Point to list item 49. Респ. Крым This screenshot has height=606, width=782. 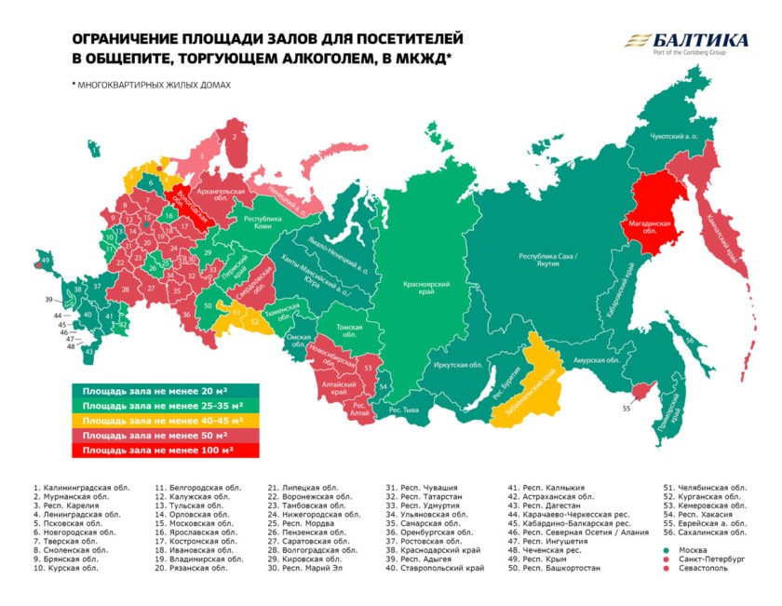click(544, 557)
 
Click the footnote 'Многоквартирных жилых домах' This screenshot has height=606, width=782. click(154, 85)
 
